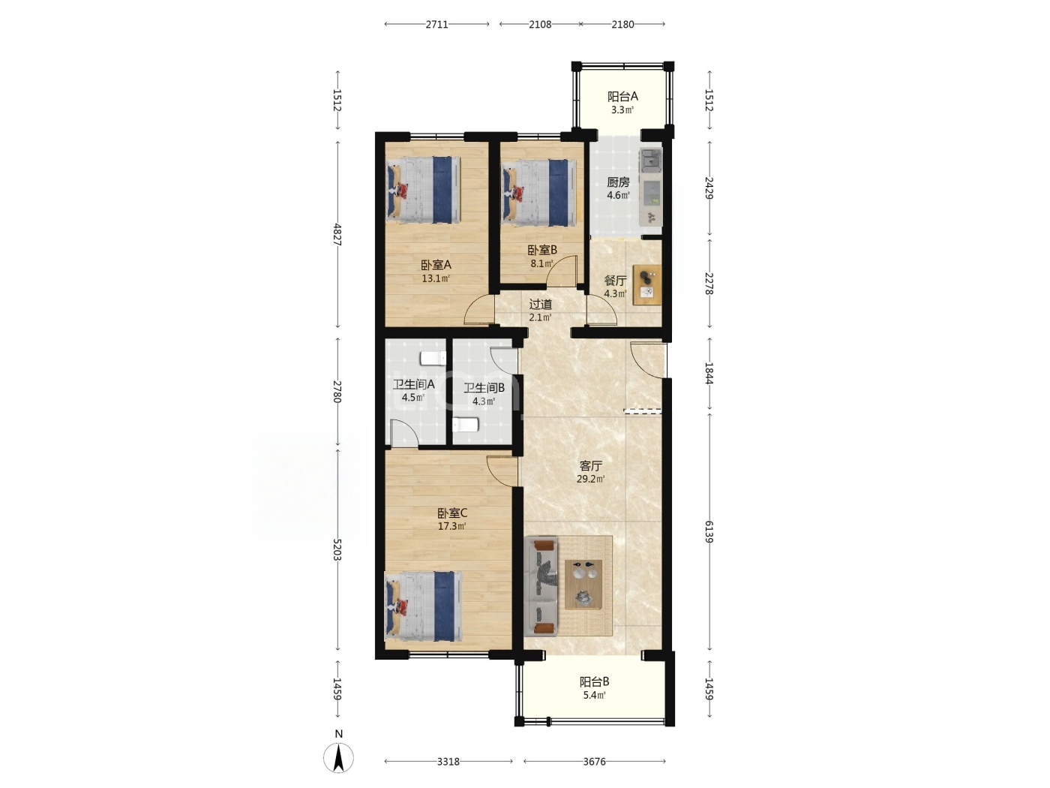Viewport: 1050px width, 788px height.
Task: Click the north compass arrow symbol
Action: [x=338, y=758]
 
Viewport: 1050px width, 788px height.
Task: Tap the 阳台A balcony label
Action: [x=622, y=97]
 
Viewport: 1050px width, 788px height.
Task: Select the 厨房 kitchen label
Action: [x=618, y=182]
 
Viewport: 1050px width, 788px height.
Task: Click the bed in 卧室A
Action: [x=423, y=190]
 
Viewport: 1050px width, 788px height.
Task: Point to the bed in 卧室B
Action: [x=538, y=193]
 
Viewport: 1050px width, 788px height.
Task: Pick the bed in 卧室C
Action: [x=424, y=606]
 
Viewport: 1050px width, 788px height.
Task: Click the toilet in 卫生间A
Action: [x=433, y=359]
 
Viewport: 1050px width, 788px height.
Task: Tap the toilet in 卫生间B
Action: [x=466, y=424]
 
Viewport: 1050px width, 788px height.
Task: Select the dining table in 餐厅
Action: [x=646, y=284]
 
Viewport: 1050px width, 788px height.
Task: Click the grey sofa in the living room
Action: [x=541, y=587]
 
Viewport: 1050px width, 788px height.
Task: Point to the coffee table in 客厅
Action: [x=583, y=584]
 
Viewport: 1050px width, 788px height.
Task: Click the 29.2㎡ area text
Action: [x=590, y=479]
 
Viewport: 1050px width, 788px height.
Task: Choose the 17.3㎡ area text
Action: [x=452, y=526]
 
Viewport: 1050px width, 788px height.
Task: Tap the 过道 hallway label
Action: [x=541, y=304]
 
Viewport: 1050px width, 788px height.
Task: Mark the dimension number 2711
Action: [x=436, y=25]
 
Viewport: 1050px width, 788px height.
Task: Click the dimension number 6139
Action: [x=709, y=531]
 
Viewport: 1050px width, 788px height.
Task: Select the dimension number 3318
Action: [x=448, y=761]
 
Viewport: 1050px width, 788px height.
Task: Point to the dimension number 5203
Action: [x=337, y=549]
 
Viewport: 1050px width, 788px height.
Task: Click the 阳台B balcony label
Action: [x=594, y=681]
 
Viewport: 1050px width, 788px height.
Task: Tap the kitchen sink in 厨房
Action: [x=650, y=158]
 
